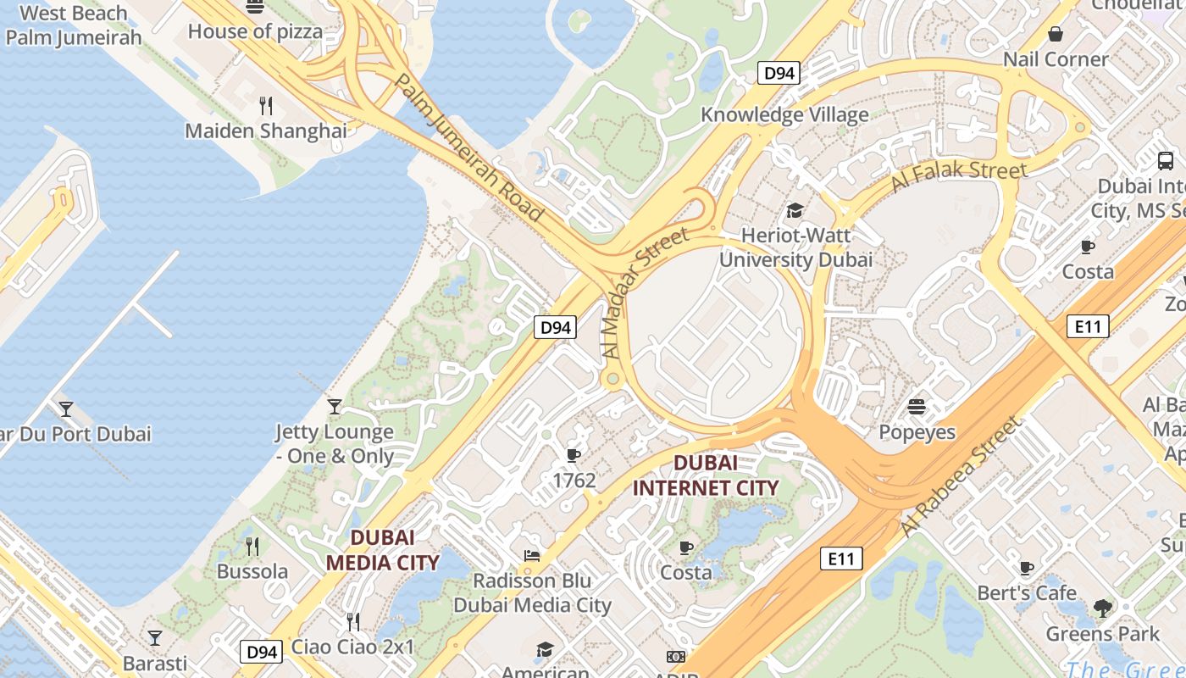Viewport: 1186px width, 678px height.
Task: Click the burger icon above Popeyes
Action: [917, 407]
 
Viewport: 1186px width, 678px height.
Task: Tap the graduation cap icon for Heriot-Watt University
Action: [795, 210]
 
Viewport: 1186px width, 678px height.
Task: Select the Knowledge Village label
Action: [784, 114]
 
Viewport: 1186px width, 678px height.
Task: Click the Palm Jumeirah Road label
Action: [469, 148]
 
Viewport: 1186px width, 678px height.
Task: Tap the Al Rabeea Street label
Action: [961, 475]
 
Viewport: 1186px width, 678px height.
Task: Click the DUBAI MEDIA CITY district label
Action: [383, 550]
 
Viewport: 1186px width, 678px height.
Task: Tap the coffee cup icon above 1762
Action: [574, 456]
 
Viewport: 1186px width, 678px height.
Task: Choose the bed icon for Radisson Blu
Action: [532, 556]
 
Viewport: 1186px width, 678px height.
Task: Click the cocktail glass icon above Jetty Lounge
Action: [335, 407]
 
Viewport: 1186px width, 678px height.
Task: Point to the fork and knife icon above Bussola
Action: [252, 546]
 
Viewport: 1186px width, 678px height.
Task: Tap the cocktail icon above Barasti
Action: [154, 637]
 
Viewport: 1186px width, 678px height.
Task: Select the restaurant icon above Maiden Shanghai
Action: [266, 105]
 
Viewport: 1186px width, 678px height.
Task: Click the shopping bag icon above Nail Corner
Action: [1056, 34]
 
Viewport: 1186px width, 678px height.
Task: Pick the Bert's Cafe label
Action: [1027, 592]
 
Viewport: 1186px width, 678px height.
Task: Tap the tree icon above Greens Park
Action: [1102, 608]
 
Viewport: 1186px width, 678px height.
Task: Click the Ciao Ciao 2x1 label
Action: [353, 647]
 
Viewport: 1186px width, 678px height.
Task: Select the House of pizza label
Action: [255, 31]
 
